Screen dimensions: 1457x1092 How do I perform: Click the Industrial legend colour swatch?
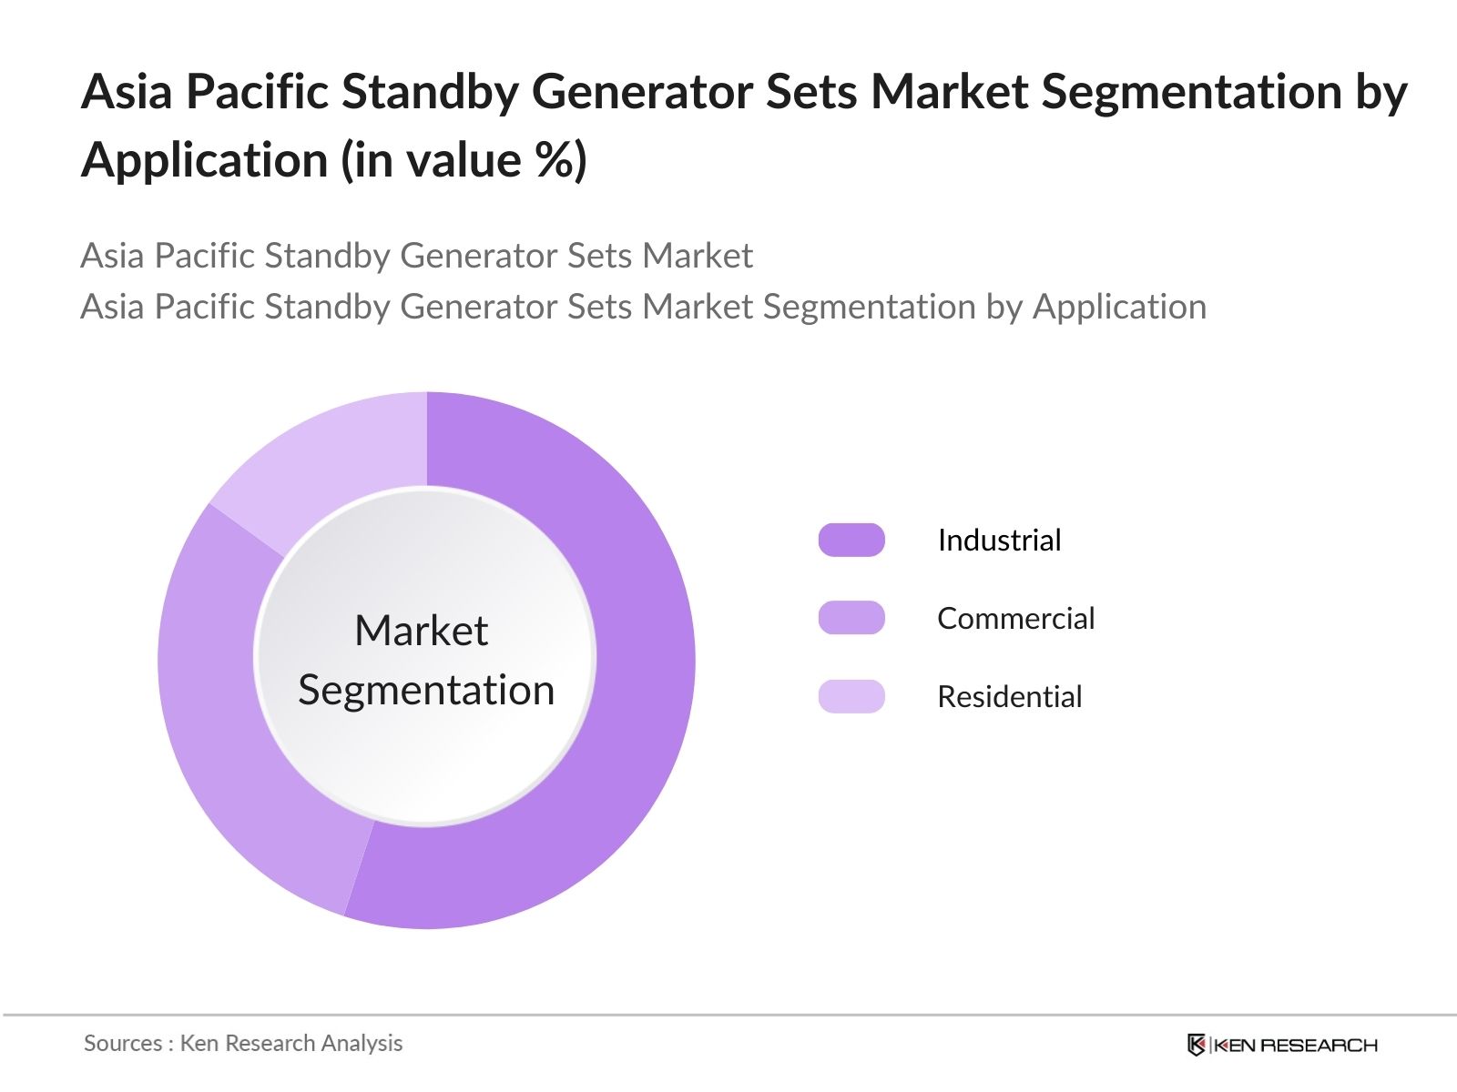coord(851,540)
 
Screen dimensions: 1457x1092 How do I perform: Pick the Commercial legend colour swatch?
coord(851,618)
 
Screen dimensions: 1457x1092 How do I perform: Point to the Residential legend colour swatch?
coord(851,696)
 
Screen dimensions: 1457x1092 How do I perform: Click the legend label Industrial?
coord(1000,540)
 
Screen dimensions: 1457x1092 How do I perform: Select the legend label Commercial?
coord(1016,618)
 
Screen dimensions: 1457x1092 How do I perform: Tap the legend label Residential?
coord(1010,696)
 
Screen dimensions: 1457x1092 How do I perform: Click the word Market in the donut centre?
coord(422,630)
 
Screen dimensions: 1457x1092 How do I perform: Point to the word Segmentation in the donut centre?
coord(426,691)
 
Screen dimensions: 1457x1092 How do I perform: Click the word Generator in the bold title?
coord(642,92)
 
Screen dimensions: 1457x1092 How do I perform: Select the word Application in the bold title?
coord(205,161)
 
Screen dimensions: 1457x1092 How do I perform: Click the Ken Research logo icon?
coord(1197,1045)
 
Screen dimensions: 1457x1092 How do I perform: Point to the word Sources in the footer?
coord(123,1043)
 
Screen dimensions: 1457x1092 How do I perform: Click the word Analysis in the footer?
coord(362,1044)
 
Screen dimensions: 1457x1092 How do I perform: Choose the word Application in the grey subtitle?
coord(1120,308)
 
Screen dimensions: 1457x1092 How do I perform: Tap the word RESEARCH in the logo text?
coord(1319,1046)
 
